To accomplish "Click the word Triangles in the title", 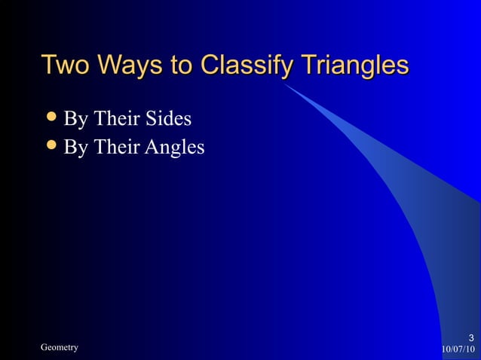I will [x=355, y=66].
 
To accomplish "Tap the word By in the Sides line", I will [x=75, y=120].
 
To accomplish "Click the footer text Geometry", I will [x=59, y=347].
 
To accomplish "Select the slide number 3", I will [x=470, y=337].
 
